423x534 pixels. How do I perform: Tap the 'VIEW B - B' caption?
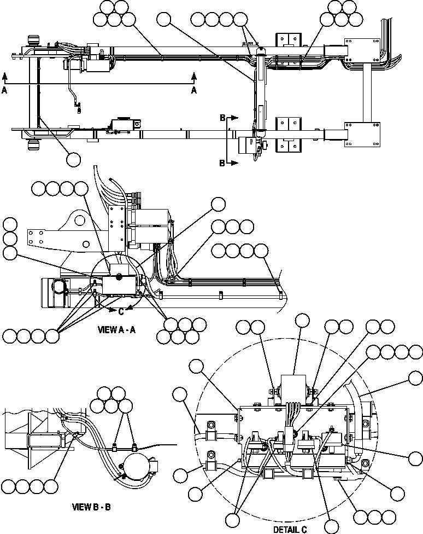tap(92, 507)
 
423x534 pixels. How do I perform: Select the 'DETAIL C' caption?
tap(290, 529)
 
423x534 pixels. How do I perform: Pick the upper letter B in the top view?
tap(222, 117)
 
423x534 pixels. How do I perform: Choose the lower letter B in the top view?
tap(222, 163)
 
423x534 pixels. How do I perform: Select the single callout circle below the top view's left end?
tap(73, 159)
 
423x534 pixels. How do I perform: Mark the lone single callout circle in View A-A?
tap(218, 204)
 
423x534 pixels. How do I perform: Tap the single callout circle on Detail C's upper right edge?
tap(415, 378)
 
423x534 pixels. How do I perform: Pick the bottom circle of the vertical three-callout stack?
tap(10, 253)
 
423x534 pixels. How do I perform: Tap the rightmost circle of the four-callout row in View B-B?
tap(51, 486)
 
